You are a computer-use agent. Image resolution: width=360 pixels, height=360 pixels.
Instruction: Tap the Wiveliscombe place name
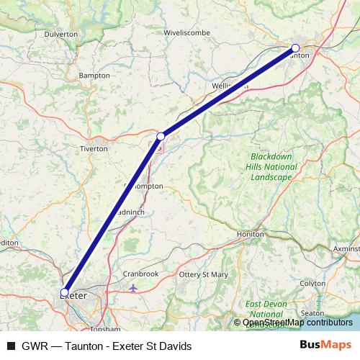[x=186, y=33]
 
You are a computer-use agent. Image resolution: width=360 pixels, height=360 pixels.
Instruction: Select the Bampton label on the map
[x=94, y=75]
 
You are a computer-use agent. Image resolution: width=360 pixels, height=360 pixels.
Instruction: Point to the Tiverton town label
[x=94, y=148]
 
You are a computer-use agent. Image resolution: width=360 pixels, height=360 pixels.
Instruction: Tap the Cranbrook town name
[x=140, y=274]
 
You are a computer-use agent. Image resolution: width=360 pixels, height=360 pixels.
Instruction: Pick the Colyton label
[x=312, y=284]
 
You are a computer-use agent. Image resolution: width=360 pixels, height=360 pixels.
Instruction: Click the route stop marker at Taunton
[x=295, y=48]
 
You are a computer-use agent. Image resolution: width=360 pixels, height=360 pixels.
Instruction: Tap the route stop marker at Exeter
[x=65, y=292]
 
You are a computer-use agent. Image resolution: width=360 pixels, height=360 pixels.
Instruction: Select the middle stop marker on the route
[x=161, y=135]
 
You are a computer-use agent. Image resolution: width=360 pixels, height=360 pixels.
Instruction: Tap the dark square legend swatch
[x=12, y=346]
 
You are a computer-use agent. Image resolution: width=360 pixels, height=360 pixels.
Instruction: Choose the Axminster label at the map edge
[x=346, y=248]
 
